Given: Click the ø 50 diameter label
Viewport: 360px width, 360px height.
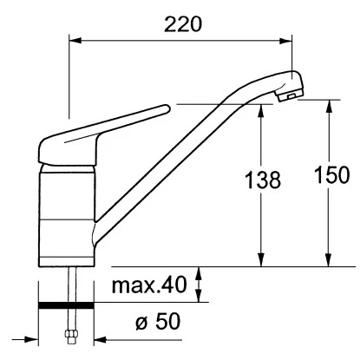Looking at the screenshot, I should point(156,324).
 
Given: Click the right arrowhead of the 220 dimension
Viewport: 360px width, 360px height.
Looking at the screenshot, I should point(291,40).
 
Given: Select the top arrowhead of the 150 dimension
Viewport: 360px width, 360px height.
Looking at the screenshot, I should point(328,104).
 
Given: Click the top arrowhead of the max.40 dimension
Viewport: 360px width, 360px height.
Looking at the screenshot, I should point(200,272).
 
